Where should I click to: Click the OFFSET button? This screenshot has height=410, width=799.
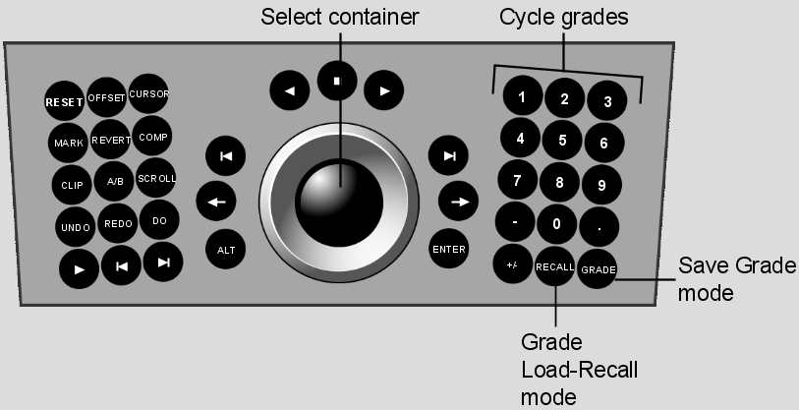pyautogui.click(x=106, y=97)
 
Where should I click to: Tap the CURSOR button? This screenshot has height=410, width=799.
pyautogui.click(x=148, y=93)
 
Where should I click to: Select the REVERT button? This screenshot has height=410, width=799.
pyautogui.click(x=111, y=140)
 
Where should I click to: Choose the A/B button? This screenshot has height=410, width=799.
pyautogui.click(x=115, y=181)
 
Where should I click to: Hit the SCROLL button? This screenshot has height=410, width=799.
pyautogui.click(x=156, y=178)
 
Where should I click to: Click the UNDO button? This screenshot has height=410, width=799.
pyautogui.click(x=76, y=227)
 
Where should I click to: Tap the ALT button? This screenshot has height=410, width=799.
pyautogui.click(x=226, y=250)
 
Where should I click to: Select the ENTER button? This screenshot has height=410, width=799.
pyautogui.click(x=448, y=249)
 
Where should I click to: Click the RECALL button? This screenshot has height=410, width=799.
pyautogui.click(x=554, y=266)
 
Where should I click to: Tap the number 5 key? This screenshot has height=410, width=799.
pyautogui.click(x=562, y=140)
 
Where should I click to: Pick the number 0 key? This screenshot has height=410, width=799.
pyautogui.click(x=556, y=224)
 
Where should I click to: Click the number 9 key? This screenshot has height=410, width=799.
pyautogui.click(x=601, y=185)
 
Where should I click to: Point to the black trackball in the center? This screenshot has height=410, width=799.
pyautogui.click(x=339, y=203)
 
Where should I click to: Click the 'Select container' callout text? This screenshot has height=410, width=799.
pyautogui.click(x=339, y=17)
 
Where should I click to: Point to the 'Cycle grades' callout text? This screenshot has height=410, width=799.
pyautogui.click(x=563, y=17)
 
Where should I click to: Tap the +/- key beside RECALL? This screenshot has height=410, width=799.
pyautogui.click(x=513, y=264)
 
